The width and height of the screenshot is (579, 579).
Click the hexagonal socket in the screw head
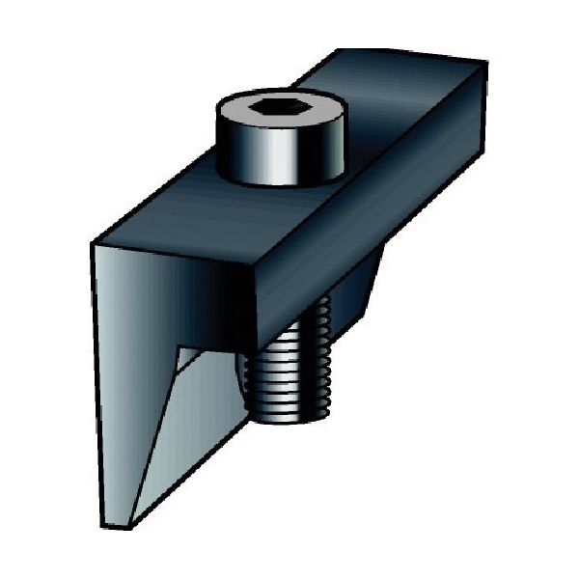coord(278,109)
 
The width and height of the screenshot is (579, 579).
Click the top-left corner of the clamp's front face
coord(93,244)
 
